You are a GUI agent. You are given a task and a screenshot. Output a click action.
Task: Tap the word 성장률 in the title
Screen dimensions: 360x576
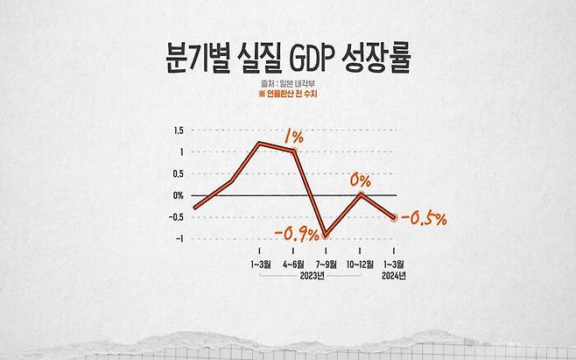pyautogui.click(x=376, y=64)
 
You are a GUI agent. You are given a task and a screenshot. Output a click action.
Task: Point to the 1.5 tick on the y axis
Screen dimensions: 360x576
pyautogui.click(x=179, y=131)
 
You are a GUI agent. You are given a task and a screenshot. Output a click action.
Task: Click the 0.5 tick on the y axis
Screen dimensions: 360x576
pyautogui.click(x=179, y=173)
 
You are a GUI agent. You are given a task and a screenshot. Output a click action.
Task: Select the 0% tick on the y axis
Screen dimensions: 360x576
pyautogui.click(x=178, y=195)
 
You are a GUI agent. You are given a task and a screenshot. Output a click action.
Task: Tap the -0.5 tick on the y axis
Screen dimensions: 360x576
pyautogui.click(x=177, y=217)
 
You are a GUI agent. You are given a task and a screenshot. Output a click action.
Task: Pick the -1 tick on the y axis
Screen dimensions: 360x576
pyautogui.click(x=179, y=238)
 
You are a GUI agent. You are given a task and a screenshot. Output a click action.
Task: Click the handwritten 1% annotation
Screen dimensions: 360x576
pyautogui.click(x=293, y=137)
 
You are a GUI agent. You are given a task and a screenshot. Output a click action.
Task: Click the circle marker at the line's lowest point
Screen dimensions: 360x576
pyautogui.click(x=327, y=235)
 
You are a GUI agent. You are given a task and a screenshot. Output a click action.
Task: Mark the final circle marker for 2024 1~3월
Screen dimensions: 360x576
pyautogui.click(x=394, y=216)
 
